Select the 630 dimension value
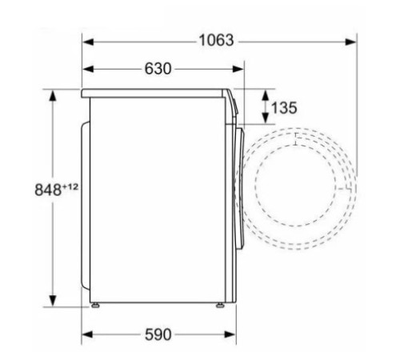click(158, 69)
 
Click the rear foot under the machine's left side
click(97, 305)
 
